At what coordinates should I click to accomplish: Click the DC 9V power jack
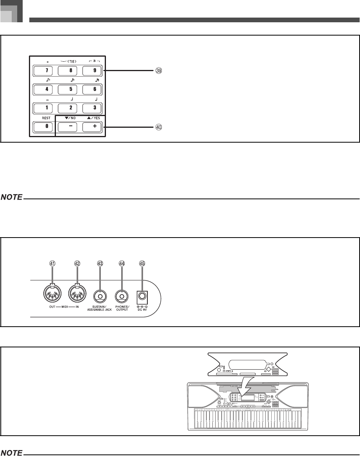click(x=142, y=297)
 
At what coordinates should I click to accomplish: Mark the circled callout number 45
click(x=142, y=264)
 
